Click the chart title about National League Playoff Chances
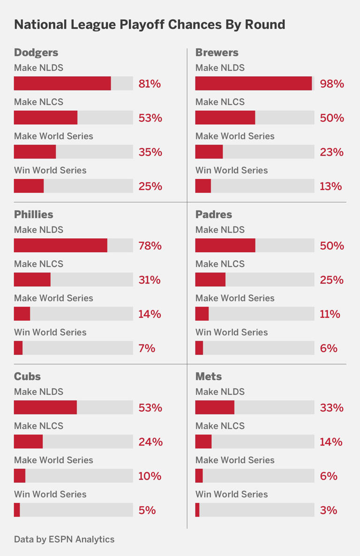150,24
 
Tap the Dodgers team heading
36,53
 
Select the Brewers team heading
217,53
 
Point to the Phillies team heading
33,214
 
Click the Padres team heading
213,214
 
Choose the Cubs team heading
27,376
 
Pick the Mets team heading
209,376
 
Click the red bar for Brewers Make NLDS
253,83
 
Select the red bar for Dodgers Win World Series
29,186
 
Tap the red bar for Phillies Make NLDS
60,246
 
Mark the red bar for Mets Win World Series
197,510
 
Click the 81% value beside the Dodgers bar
150,84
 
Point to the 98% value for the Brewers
332,84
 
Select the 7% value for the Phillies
147,348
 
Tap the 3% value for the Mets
329,510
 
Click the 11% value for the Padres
330,314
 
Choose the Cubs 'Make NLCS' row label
38,426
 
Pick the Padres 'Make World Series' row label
235,298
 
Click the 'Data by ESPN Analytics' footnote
64,539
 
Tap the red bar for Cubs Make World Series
20,476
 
